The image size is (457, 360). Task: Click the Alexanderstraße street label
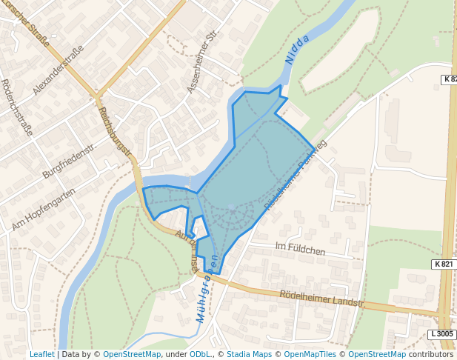click(59, 70)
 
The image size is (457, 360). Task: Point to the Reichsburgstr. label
click(115, 132)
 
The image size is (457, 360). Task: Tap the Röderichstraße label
click(17, 107)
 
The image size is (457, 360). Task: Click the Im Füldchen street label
click(300, 250)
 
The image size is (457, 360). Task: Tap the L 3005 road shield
click(441, 335)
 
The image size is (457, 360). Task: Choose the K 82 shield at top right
click(450, 79)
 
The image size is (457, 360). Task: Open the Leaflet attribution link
click(42, 354)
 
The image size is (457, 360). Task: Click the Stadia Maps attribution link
click(249, 354)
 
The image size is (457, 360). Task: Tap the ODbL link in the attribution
click(200, 354)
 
